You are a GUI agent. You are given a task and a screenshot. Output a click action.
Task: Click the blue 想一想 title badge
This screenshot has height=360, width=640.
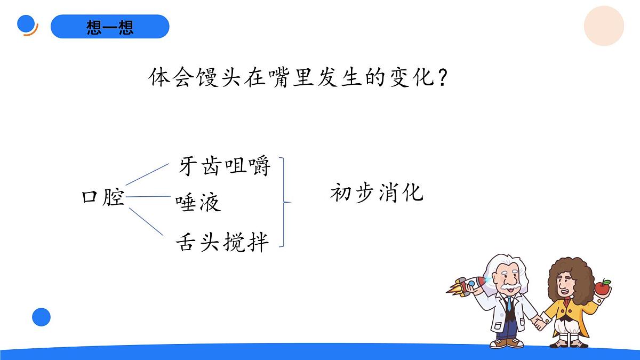110,27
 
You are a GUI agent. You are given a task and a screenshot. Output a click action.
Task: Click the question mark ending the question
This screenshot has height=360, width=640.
441,79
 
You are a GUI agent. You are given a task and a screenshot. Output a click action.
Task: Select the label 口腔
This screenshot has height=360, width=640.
103,197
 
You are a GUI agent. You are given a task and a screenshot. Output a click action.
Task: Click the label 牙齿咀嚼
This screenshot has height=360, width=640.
225,166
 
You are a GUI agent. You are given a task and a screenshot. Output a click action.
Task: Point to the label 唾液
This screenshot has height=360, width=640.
198,203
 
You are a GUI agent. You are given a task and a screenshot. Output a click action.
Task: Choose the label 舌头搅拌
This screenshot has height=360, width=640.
222,242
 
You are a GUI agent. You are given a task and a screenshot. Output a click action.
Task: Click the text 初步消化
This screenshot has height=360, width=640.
377,193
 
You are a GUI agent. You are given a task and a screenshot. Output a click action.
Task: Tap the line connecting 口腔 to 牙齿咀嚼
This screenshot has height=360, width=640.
147,174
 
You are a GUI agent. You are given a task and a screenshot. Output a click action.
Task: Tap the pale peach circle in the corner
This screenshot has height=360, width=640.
604,26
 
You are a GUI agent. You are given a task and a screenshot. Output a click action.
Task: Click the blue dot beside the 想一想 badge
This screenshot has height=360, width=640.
26,24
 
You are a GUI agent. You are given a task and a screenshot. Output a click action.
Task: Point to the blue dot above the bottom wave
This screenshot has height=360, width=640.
41,317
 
